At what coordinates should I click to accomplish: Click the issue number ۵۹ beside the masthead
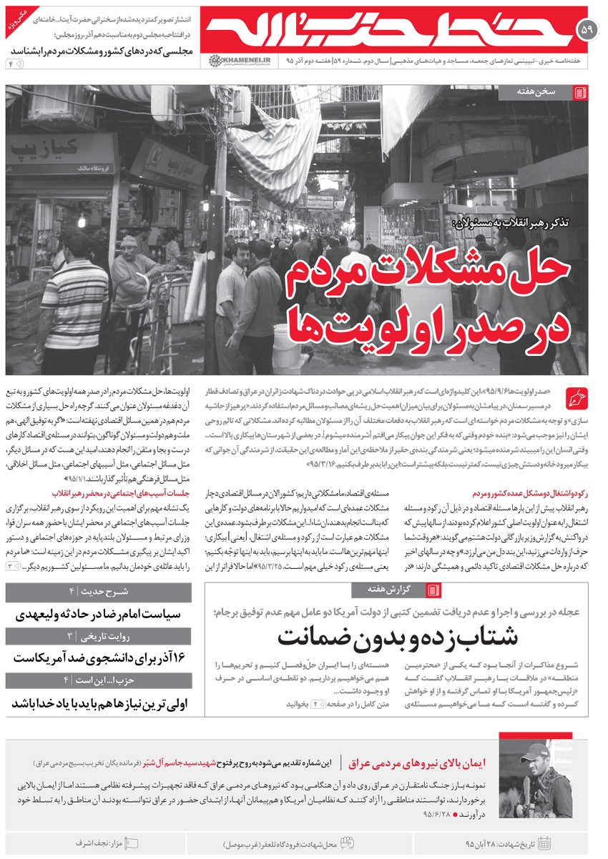tap(588, 30)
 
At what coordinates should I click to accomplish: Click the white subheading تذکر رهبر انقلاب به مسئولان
tap(514, 224)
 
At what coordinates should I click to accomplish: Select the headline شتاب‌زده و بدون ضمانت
tap(398, 635)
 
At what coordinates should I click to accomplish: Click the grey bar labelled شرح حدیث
tap(98, 591)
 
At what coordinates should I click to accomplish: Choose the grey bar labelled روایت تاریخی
tap(98, 636)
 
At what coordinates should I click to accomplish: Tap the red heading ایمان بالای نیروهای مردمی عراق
tap(416, 763)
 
